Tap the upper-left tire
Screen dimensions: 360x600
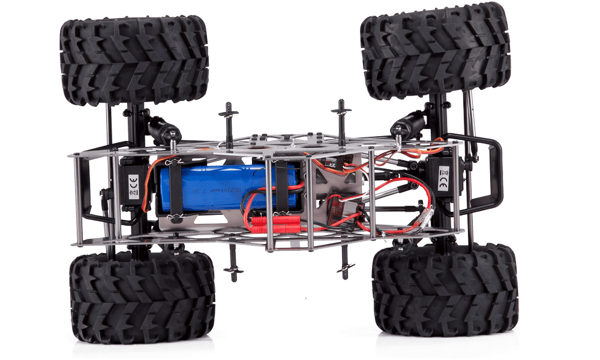click(134, 60)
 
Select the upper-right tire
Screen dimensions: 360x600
click(435, 50)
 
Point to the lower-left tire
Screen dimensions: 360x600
click(142, 296)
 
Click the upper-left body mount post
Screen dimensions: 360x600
click(229, 120)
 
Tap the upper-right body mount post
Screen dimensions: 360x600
click(341, 116)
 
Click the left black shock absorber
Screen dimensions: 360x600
click(162, 128)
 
